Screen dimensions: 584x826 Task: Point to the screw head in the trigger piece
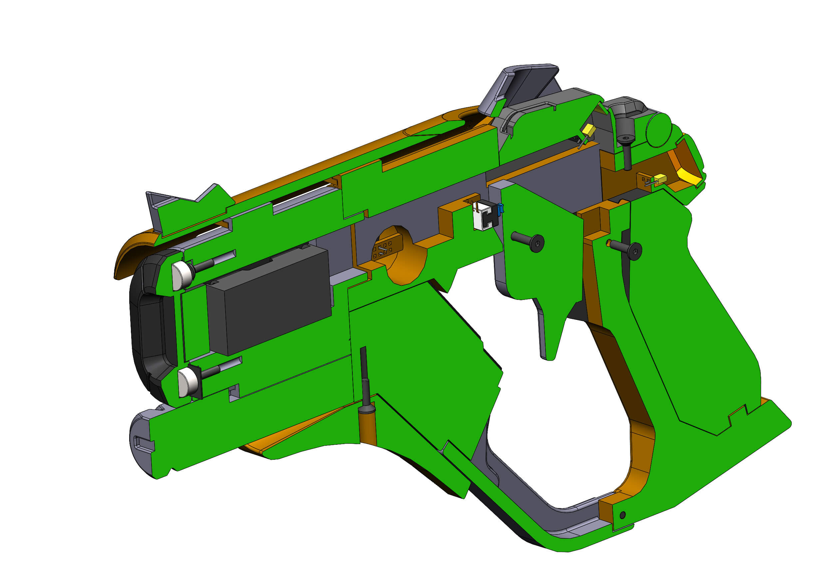point(537,243)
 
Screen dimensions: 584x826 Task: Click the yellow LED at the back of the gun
point(660,179)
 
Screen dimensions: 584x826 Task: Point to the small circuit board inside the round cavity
point(384,248)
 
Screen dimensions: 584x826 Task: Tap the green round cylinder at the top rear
point(659,130)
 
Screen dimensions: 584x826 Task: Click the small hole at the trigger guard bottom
point(623,515)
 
